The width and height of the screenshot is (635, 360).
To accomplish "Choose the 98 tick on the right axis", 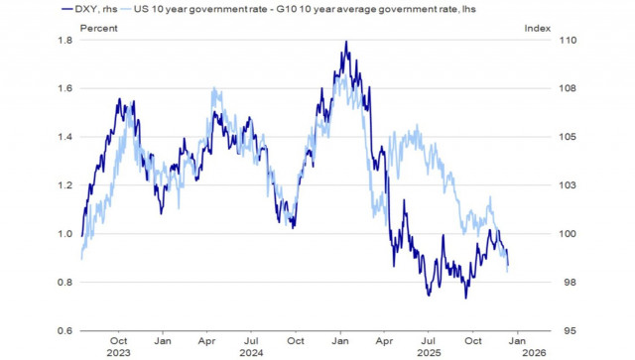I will point(542,283).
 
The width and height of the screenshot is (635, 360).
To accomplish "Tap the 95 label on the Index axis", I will point(542,331).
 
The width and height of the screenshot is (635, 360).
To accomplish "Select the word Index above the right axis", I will point(537,28).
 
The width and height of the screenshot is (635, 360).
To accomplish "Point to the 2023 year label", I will point(117,352).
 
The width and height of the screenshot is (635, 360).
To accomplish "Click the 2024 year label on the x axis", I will point(251,352).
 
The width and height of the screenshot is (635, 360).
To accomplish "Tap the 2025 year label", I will point(429,352).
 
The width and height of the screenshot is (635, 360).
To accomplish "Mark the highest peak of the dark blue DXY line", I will point(345,42).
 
